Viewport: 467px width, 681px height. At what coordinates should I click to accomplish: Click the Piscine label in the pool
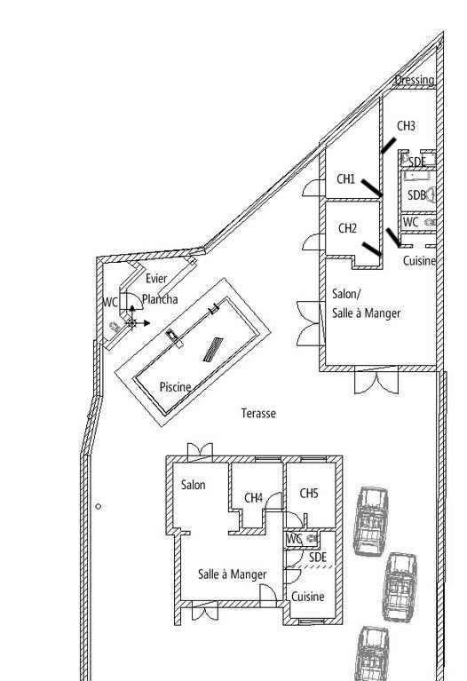coord(175,387)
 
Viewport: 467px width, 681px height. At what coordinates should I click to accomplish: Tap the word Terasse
coord(258,413)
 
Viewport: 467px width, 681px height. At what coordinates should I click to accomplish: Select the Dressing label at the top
coord(415,80)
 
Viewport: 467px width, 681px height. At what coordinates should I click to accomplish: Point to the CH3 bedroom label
coord(406,125)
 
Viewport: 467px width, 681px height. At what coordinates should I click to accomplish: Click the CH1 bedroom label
coord(346,179)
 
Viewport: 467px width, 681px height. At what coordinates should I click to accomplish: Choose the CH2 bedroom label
coord(347,228)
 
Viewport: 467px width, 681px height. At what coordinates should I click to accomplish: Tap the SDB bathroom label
coord(416,195)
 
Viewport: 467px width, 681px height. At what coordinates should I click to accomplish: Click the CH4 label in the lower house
coord(253,498)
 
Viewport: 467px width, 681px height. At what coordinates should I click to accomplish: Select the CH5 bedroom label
coord(309,493)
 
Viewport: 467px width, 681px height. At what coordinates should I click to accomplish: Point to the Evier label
coord(156,279)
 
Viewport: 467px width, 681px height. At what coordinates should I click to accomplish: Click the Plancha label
coord(160,299)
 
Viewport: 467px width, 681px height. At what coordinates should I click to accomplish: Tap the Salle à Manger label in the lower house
coord(232,574)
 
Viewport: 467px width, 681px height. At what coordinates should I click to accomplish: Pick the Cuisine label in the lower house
coord(307,597)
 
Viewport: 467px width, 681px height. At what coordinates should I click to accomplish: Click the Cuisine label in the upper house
coord(419,260)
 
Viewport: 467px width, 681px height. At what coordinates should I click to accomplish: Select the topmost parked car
coord(370,521)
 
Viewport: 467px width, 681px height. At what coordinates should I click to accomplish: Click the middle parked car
coord(400,587)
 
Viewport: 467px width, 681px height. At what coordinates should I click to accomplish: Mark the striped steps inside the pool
coord(213,349)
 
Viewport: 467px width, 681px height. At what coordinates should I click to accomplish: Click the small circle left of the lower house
coord(99,506)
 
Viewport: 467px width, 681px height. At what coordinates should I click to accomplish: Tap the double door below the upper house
coord(376,380)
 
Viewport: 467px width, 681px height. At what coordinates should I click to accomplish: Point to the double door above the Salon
coord(200,452)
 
